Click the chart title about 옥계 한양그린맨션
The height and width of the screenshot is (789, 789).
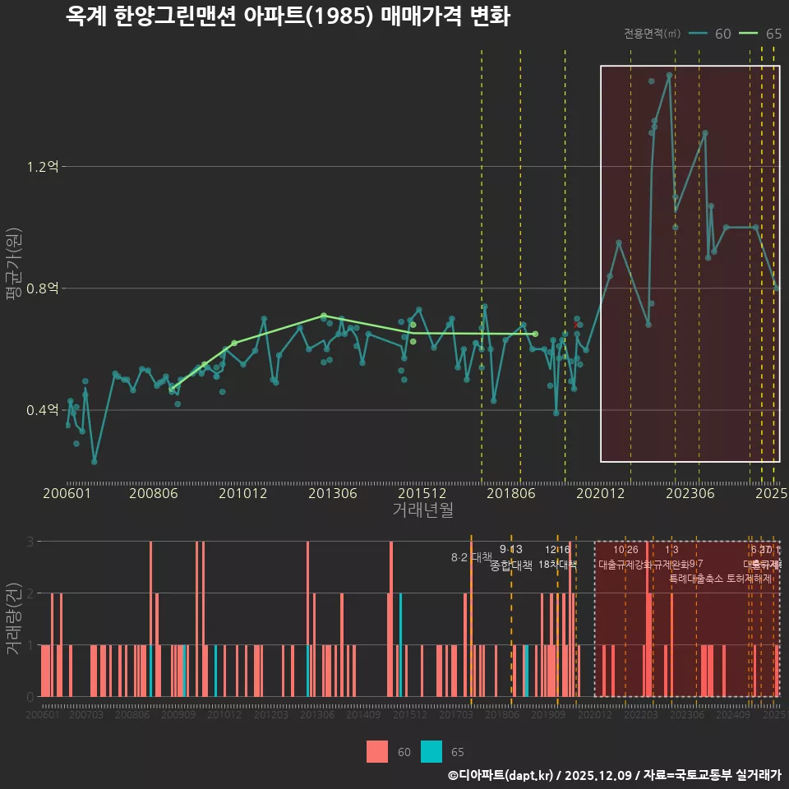pyautogui.click(x=288, y=17)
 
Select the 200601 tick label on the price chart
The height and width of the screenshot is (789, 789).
pyautogui.click(x=67, y=493)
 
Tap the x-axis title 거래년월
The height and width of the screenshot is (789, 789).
pyautogui.click(x=422, y=510)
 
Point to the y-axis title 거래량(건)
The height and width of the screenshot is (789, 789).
pyautogui.click(x=14, y=619)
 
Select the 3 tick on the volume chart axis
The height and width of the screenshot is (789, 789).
pyautogui.click(x=30, y=542)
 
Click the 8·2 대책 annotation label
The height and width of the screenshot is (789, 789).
pyautogui.click(x=471, y=557)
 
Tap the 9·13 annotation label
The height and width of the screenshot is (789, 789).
pyautogui.click(x=510, y=550)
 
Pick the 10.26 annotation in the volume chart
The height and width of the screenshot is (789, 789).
pyautogui.click(x=625, y=550)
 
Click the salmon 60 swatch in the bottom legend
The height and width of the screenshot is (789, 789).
pyautogui.click(x=377, y=751)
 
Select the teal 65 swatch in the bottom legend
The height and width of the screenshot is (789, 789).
pyautogui.click(x=431, y=751)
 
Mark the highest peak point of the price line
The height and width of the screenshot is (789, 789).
pyautogui.click(x=670, y=75)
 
